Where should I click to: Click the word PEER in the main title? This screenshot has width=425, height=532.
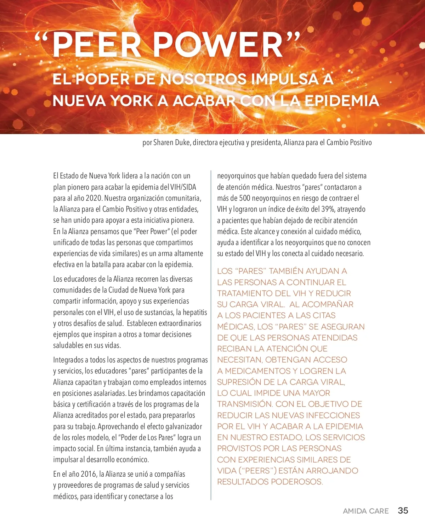pyautogui.click(x=97, y=45)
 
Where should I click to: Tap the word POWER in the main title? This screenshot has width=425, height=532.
pyautogui.click(x=218, y=45)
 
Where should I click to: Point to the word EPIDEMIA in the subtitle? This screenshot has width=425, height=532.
pyautogui.click(x=341, y=101)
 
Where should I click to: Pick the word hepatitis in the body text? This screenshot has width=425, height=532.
pyautogui.click(x=195, y=312)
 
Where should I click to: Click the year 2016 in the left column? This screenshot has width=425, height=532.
pyautogui.click(x=89, y=474)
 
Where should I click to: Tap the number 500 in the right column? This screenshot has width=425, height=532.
pyautogui.click(x=245, y=198)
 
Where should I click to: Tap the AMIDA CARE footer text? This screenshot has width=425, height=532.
pyautogui.click(x=365, y=511)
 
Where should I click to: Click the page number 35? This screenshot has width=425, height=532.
pyautogui.click(x=403, y=511)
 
